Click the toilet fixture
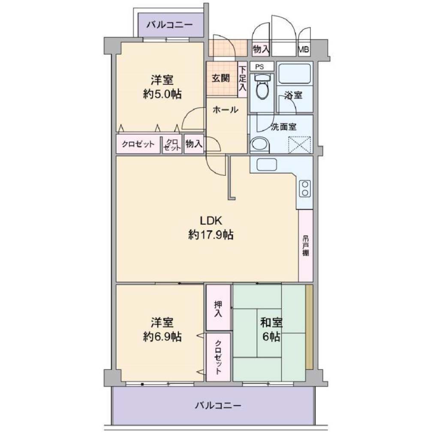(262, 86)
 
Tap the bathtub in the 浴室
(295, 74)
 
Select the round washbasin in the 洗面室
(260, 145)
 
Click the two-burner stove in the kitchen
(305, 189)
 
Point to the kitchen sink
(267, 164)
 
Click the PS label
(260, 67)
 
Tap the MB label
(304, 50)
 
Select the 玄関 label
(221, 78)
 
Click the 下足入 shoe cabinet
(243, 79)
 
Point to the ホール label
(226, 109)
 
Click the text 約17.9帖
(211, 235)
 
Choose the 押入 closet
(218, 307)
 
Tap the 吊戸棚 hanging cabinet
(306, 246)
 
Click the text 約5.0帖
(162, 94)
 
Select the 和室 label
(271, 322)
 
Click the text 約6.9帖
(162, 337)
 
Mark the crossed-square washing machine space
(300, 144)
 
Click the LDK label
(211, 221)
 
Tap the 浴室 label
(293, 96)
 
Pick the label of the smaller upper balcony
(170, 25)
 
